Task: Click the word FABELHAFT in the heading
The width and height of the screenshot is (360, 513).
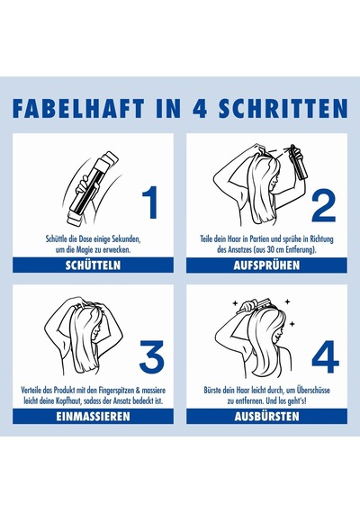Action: click(78, 108)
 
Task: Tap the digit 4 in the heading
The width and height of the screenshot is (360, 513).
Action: click(200, 108)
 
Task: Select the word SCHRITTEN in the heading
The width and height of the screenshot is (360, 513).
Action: click(283, 108)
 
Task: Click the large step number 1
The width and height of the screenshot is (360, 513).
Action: click(150, 202)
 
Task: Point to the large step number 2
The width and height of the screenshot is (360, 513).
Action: click(323, 206)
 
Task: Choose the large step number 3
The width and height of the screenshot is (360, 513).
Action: click(151, 355)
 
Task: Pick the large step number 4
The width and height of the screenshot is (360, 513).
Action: click(325, 356)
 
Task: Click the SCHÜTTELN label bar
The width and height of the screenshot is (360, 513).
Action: click(93, 265)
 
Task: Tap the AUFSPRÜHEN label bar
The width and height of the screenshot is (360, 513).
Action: click(266, 265)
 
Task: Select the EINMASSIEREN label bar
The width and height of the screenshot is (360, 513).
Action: click(93, 416)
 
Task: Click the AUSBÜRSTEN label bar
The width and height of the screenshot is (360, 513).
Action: click(266, 416)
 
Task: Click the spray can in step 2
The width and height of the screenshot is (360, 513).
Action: click(299, 163)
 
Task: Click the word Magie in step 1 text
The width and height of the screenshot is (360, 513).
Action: click(85, 250)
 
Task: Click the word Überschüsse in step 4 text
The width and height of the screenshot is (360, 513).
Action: click(313, 390)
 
